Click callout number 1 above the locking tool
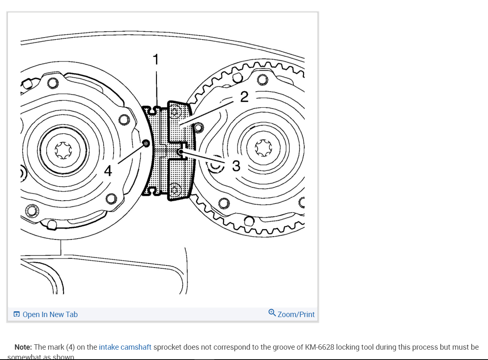[x=156, y=60]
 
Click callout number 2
[x=244, y=97]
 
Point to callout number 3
[x=236, y=166]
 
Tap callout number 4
[x=108, y=171]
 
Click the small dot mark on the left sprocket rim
[x=145, y=143]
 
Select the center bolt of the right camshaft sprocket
[x=263, y=149]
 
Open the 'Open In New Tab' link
[x=50, y=315]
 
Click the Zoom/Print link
[x=296, y=315]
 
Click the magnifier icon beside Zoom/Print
[x=272, y=313]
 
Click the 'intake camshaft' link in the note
[x=125, y=347]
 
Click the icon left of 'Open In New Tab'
[x=17, y=315]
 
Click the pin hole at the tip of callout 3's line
[x=180, y=152]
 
